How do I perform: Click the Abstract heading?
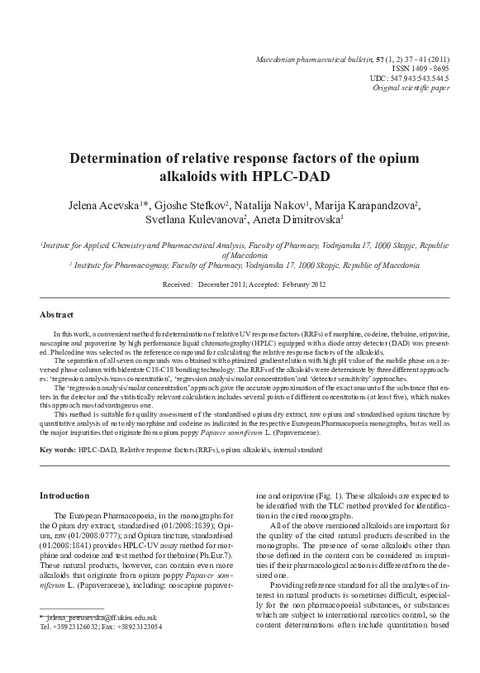click(x=57, y=314)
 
